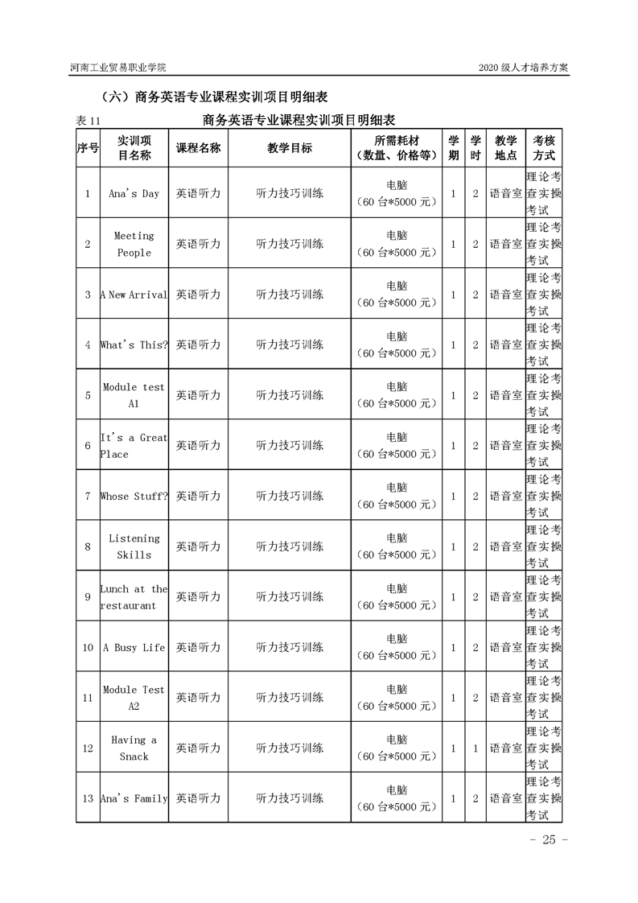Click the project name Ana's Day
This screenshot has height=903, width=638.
click(x=134, y=193)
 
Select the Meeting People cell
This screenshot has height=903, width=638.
click(x=134, y=244)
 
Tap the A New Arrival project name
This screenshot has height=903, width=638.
click(x=134, y=295)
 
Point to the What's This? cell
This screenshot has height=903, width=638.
click(x=134, y=344)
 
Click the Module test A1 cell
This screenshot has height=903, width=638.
click(x=134, y=395)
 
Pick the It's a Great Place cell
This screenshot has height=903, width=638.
click(x=134, y=446)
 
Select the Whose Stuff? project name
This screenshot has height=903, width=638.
click(x=134, y=496)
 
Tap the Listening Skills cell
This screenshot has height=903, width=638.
click(x=134, y=546)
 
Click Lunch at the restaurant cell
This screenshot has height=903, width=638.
click(x=134, y=597)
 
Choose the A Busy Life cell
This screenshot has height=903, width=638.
click(x=134, y=647)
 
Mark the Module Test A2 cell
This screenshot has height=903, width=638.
click(x=134, y=698)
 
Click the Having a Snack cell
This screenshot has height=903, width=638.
click(x=134, y=748)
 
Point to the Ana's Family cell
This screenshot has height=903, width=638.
click(x=134, y=798)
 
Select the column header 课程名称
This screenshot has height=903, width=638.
click(x=198, y=148)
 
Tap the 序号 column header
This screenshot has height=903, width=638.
click(x=88, y=148)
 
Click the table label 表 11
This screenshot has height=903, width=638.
click(x=88, y=120)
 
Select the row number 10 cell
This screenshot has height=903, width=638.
click(x=88, y=647)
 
